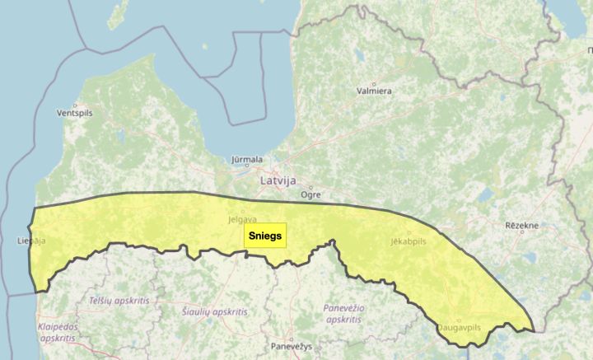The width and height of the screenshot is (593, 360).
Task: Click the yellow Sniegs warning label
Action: [x=264, y=236]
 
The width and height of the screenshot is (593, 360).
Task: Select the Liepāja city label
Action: [x=31, y=241]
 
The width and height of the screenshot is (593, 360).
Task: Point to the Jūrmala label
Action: [x=247, y=159]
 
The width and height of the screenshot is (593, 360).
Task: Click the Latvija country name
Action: [x=278, y=180]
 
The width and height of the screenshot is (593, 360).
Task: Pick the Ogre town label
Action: [x=311, y=195]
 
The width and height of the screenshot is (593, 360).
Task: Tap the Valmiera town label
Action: [x=374, y=91]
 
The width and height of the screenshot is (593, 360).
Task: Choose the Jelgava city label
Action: [x=242, y=220]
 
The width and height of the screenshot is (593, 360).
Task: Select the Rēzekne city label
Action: [x=521, y=225]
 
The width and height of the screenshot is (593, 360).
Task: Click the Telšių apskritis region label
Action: [x=119, y=301]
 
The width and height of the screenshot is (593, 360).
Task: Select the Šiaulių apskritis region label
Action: [x=215, y=312]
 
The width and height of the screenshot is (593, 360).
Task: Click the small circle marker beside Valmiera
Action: [x=373, y=83]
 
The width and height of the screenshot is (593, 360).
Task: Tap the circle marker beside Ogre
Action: [x=311, y=187]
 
